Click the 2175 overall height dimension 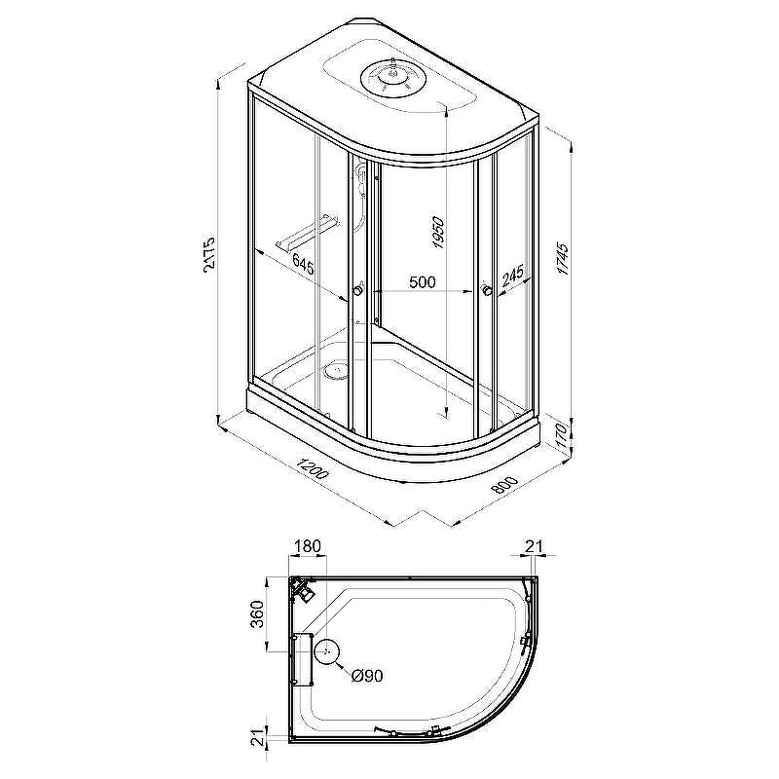(x=209, y=252)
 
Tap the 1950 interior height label (x=437, y=233)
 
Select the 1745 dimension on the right (x=562, y=258)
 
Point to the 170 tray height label (x=561, y=435)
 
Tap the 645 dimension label (x=303, y=264)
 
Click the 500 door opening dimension (x=422, y=282)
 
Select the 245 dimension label (x=512, y=277)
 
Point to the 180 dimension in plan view (x=308, y=546)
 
